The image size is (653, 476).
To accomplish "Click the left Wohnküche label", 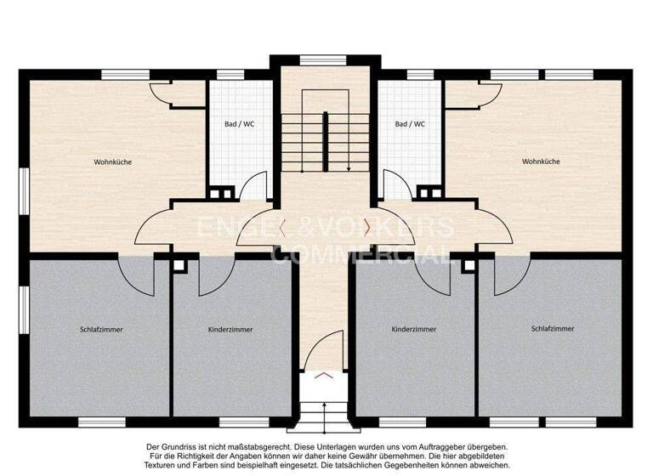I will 112,161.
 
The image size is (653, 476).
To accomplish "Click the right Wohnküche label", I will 541,161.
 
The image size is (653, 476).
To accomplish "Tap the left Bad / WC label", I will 239,124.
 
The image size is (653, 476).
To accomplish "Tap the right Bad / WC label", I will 410,124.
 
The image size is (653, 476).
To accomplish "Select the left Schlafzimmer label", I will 101,328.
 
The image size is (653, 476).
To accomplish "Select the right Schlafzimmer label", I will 552,327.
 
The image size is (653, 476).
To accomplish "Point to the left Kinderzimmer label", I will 230,329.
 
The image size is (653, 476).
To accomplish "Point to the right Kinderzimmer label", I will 414,328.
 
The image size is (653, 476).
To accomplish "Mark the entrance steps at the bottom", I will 326,416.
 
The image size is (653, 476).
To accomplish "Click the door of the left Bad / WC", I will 253,185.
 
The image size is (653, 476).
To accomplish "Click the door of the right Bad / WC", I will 396,185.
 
